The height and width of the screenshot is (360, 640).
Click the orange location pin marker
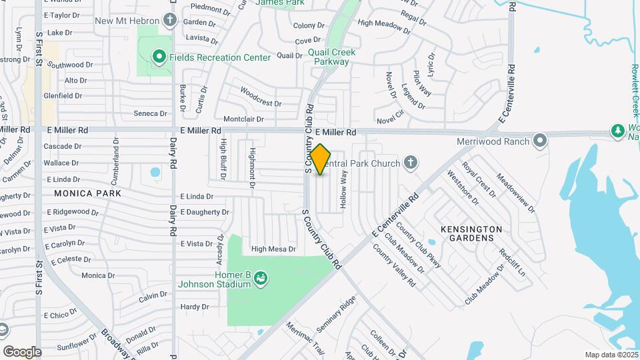[320, 159]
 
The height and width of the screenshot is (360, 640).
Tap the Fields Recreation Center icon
[159, 57]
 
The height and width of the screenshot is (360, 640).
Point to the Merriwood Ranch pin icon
[540, 141]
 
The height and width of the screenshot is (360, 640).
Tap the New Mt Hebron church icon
[171, 20]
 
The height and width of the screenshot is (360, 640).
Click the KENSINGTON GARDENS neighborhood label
[471, 233]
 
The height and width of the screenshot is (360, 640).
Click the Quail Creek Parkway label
[332, 57]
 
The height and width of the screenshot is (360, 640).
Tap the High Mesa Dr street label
[273, 249]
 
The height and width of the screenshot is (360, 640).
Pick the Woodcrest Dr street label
[261, 97]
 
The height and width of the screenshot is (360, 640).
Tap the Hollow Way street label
[344, 191]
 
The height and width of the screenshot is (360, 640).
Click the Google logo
[22, 351]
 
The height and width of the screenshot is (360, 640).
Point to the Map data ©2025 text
[611, 355]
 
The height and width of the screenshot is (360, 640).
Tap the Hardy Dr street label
[195, 307]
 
